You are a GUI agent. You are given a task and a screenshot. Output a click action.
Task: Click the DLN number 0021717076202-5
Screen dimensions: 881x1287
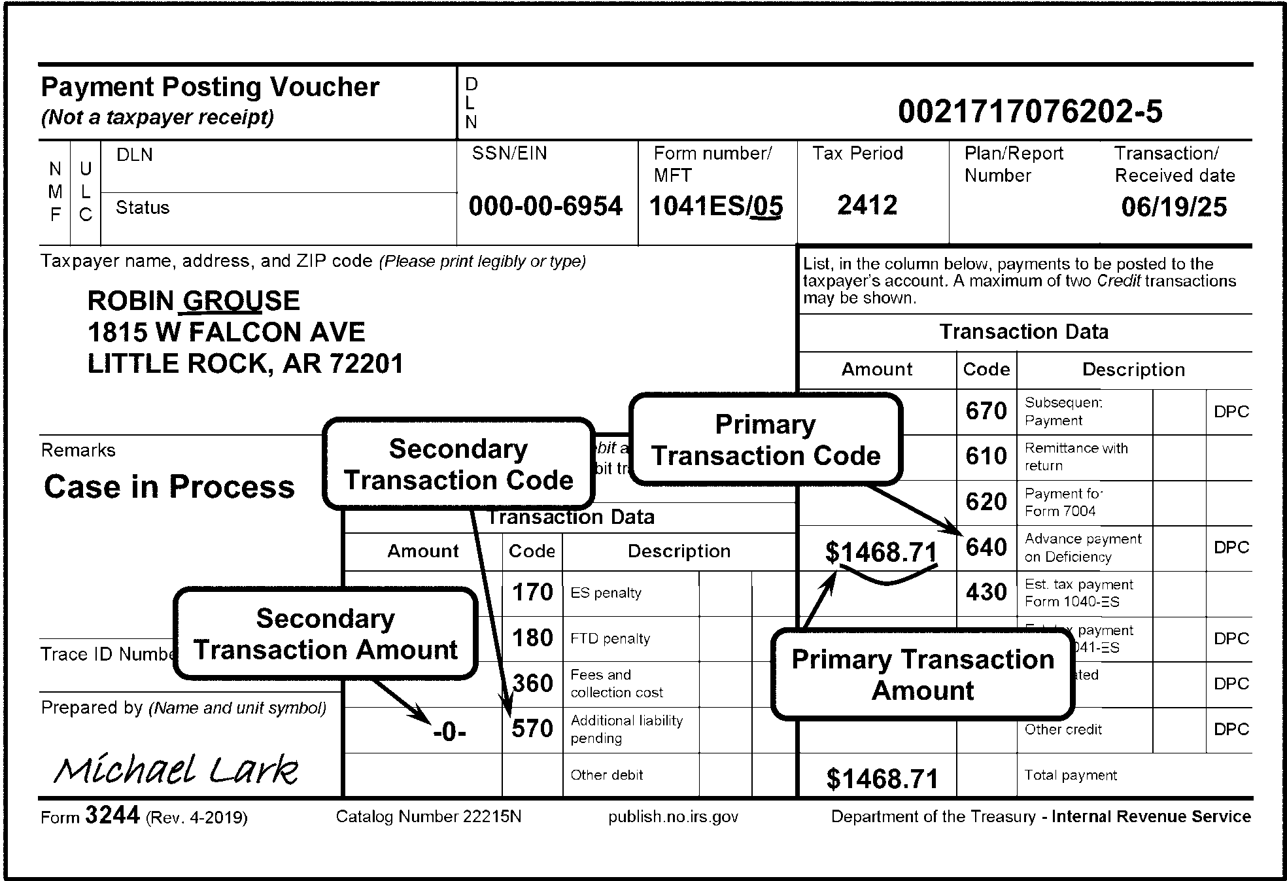pos(1030,112)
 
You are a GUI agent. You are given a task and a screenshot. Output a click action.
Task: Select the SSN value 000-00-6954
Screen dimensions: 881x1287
pos(545,207)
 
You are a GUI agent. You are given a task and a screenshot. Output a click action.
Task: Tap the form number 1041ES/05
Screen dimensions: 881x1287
pos(716,207)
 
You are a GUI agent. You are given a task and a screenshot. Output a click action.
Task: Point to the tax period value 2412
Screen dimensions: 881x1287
pos(867,205)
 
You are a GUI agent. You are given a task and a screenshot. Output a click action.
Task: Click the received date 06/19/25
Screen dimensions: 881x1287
pos(1174,207)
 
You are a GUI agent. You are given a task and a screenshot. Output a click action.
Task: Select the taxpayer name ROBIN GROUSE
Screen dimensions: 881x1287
pos(194,301)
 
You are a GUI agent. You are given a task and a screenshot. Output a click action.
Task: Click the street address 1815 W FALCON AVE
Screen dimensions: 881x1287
pos(226,332)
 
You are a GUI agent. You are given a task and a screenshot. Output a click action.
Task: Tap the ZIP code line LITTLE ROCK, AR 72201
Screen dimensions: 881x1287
pos(245,364)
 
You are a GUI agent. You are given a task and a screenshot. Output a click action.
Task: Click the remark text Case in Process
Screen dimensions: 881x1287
pos(169,487)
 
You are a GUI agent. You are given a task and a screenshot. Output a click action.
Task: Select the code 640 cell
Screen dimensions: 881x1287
pos(986,547)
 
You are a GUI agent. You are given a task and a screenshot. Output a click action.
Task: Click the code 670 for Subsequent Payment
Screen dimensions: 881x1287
pos(986,411)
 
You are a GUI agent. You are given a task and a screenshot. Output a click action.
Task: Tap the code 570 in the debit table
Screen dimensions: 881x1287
pos(532,729)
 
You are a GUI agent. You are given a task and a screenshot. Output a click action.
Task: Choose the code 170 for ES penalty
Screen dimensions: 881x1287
pos(532,593)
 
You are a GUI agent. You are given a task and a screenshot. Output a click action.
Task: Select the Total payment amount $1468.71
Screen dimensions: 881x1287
pos(882,779)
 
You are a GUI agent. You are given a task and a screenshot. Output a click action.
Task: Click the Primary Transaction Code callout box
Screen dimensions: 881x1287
pos(765,440)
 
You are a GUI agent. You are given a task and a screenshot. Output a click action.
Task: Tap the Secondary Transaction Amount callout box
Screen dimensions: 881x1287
pos(326,633)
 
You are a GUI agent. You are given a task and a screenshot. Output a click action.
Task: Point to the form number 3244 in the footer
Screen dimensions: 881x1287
pos(112,816)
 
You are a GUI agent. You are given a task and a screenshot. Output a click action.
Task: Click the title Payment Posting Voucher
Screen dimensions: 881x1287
pos(210,87)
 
